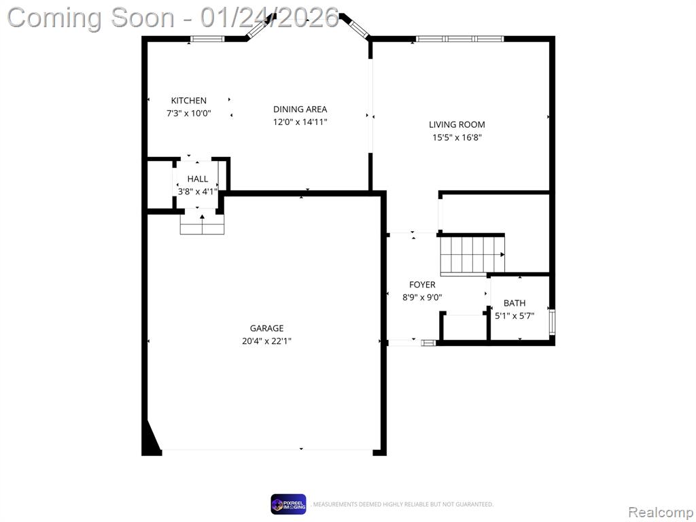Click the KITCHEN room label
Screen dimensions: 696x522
tap(189, 101)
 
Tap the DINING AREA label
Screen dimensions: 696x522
tap(300, 109)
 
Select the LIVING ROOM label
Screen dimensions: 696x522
tap(457, 125)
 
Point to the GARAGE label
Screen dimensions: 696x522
tap(266, 328)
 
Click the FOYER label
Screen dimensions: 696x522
tap(422, 285)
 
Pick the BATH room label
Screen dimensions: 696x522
tap(515, 303)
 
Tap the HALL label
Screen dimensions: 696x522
tap(198, 179)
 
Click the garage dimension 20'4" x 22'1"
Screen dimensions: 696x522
tap(266, 341)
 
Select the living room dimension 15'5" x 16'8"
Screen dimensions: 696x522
tap(457, 137)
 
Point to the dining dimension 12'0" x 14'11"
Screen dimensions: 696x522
tap(300, 122)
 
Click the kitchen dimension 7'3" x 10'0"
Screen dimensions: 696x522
tap(189, 114)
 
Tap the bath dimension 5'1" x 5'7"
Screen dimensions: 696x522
tap(515, 316)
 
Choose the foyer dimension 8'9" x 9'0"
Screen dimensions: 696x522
tap(422, 298)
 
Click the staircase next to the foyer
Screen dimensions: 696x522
tap(472, 256)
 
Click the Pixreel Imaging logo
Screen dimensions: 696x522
tap(288, 504)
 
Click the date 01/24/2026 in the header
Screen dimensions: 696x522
tap(269, 18)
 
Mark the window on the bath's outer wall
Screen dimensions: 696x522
tap(552, 322)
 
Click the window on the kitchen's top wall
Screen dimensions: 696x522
tap(207, 39)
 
